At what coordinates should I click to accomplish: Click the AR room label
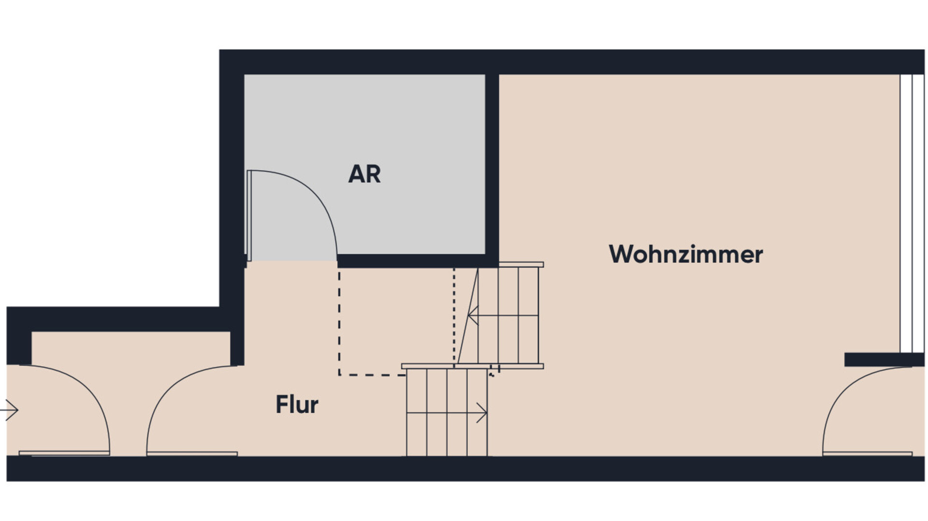(364, 174)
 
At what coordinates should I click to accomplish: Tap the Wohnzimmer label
(685, 254)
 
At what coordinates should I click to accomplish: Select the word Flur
(297, 405)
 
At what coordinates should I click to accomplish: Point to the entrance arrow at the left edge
(10, 410)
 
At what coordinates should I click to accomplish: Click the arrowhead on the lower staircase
(482, 413)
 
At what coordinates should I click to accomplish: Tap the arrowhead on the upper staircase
(473, 315)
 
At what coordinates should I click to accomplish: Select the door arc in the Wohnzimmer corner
(841, 397)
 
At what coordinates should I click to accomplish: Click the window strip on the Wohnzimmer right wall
(912, 213)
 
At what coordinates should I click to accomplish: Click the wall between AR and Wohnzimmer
(492, 164)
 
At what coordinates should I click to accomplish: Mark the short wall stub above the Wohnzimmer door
(884, 359)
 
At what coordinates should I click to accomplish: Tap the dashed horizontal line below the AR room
(372, 374)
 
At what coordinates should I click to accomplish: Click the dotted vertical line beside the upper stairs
(454, 314)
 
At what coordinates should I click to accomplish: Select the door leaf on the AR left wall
(249, 215)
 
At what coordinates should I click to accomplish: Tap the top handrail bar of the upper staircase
(521, 265)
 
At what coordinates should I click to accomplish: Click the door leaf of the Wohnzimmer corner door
(867, 454)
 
